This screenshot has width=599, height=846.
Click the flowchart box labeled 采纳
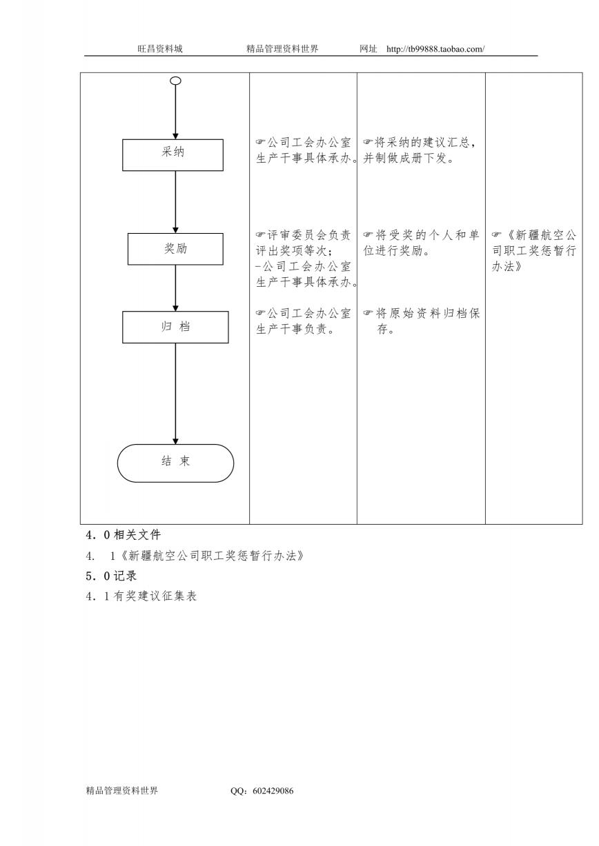click(x=173, y=155)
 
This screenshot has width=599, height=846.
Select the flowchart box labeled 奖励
click(x=175, y=249)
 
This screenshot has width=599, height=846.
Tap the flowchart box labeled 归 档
click(x=175, y=327)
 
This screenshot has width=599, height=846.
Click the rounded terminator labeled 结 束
click(x=175, y=463)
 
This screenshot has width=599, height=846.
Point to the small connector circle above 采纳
click(x=176, y=81)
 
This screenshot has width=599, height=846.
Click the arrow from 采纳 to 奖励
click(x=175, y=202)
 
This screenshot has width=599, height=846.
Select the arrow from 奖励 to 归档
click(x=175, y=288)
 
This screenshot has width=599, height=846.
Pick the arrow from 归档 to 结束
click(x=175, y=394)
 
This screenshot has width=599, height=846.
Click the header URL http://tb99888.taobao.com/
click(x=435, y=49)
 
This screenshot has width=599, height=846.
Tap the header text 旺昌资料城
click(x=160, y=49)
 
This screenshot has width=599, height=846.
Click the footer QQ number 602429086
click(x=273, y=790)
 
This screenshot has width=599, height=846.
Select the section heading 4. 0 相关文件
click(x=124, y=535)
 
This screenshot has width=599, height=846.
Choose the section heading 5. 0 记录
click(x=111, y=576)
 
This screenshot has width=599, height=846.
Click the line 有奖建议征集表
click(x=155, y=596)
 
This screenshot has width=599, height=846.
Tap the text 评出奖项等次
click(x=291, y=250)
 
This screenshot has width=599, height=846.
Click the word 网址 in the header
click(x=368, y=49)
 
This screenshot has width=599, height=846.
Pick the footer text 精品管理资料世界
click(x=121, y=790)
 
